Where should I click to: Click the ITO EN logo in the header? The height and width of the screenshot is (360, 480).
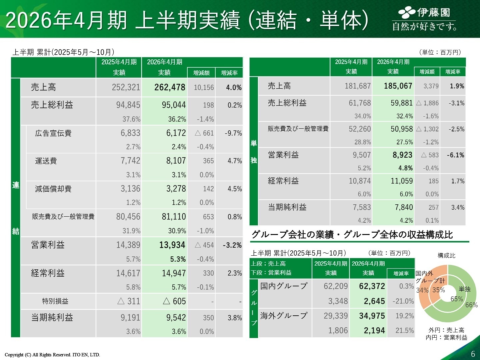pos(424,19)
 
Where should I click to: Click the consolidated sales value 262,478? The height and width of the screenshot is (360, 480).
pos(170,87)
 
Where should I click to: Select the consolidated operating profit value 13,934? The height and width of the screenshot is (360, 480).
pos(172,245)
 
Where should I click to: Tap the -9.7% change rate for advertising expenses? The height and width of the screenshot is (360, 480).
pos(233,133)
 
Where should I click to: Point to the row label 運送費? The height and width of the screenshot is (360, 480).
pos(46,161)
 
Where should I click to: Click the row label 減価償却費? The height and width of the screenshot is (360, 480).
pos(53,189)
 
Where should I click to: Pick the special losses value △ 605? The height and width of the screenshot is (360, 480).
pos(174,301)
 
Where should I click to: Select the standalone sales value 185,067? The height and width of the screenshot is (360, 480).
pos(398,86)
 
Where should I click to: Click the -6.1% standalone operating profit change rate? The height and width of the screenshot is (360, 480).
pos(455,155)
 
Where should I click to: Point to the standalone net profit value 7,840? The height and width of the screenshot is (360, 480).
pos(404,207)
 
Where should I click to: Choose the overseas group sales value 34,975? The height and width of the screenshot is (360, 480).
pos(372,316)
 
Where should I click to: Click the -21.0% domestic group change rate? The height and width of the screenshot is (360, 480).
pos(403,301)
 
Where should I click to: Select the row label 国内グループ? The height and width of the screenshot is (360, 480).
pos(284,286)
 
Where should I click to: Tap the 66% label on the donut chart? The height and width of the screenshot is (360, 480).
pos(471,305)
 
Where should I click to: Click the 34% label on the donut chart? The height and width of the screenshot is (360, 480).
pos(422,290)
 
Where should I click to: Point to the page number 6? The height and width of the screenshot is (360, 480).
pos(473,354)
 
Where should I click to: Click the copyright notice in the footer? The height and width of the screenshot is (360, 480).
pos(52,355)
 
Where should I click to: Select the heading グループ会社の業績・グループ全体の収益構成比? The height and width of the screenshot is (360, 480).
pos(352,235)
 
